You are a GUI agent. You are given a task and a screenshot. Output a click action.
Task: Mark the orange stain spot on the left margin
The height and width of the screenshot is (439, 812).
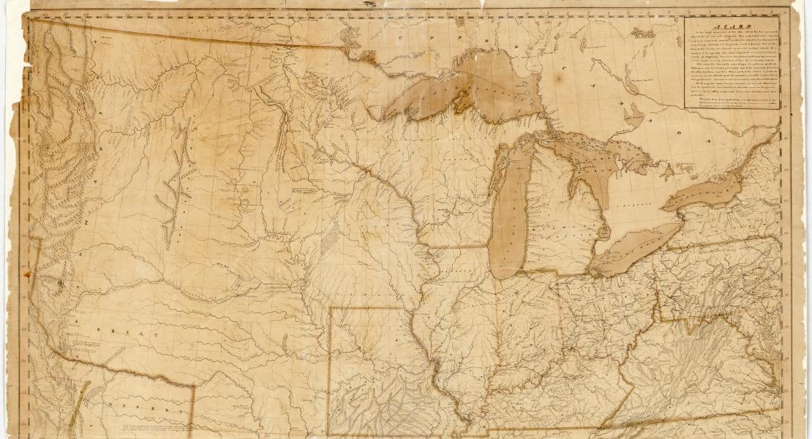click(x=29, y=274)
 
